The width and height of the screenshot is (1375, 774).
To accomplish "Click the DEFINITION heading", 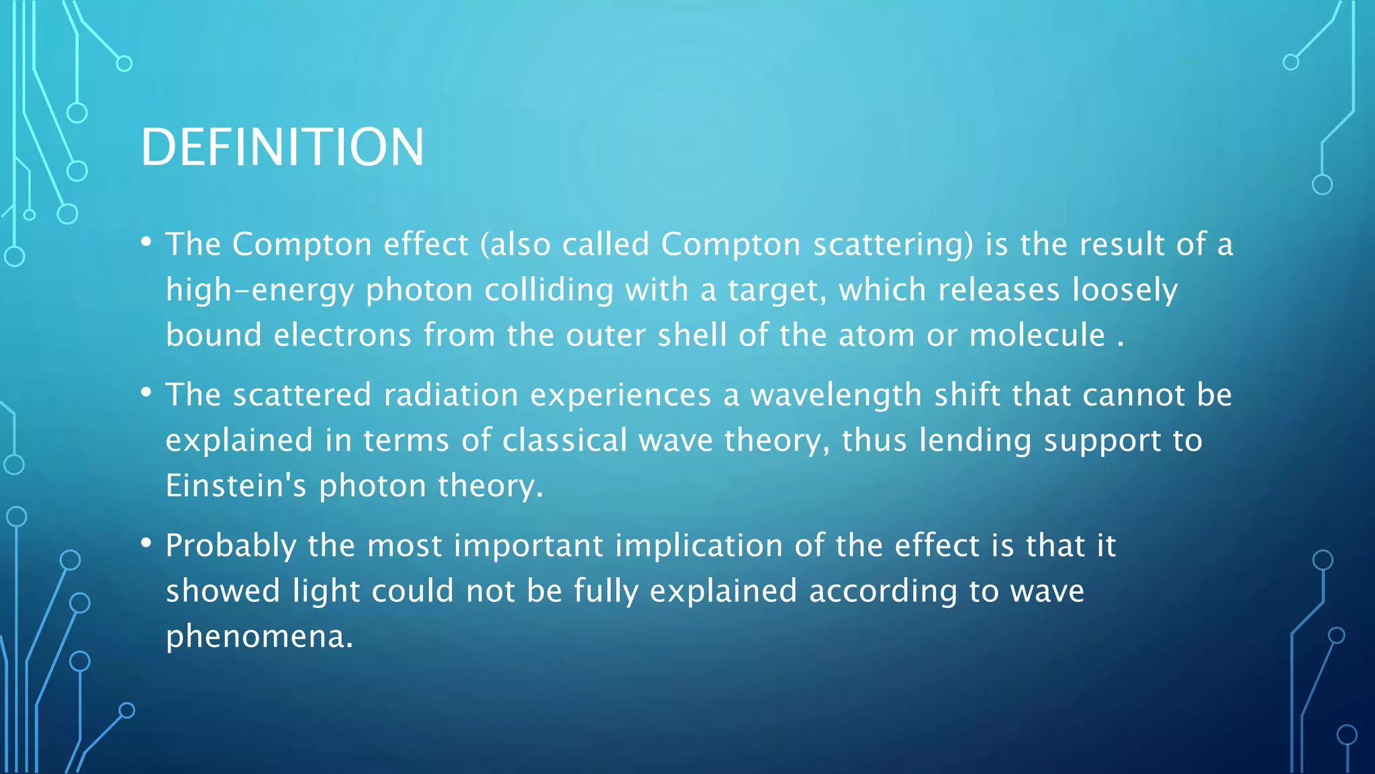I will [x=282, y=147].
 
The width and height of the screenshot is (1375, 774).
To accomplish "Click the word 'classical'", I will [x=565, y=441].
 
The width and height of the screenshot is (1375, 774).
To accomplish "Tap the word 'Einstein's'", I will [x=236, y=486].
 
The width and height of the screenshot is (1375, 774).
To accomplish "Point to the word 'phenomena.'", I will [x=259, y=636].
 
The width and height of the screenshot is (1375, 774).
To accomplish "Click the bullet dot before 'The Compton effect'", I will [x=146, y=242].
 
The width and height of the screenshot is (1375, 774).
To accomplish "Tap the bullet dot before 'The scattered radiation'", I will [x=146, y=392].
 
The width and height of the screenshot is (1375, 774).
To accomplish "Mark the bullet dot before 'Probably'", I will [x=146, y=543].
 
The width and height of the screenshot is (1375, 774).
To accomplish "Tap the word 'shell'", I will [x=692, y=335].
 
